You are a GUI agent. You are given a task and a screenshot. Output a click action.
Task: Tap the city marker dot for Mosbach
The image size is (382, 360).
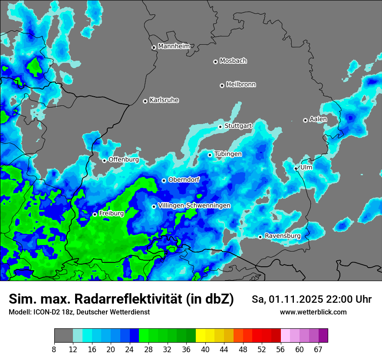[215, 62]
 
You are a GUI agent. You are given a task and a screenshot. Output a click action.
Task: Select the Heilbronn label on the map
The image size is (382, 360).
[241, 85]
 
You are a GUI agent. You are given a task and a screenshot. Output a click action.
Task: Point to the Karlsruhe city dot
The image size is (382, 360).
[145, 101]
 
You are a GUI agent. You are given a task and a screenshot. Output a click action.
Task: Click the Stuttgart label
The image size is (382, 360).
[238, 126]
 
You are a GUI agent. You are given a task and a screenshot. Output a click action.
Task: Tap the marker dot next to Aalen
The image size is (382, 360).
[305, 120]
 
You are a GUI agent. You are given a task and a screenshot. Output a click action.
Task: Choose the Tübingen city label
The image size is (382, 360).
[228, 154]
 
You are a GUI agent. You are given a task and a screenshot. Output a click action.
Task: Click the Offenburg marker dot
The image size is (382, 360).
[104, 160]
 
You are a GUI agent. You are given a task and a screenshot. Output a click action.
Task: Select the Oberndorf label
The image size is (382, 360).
[184, 180]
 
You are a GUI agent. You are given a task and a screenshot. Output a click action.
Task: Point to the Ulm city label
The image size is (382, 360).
[306, 167]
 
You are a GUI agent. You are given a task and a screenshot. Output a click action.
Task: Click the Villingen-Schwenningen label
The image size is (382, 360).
[194, 206]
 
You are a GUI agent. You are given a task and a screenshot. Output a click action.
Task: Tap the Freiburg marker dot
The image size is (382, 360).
[95, 214]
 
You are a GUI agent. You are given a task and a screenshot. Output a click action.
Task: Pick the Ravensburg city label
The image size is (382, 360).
[283, 236]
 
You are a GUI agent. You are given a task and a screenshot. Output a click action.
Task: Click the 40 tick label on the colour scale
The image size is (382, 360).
[205, 350]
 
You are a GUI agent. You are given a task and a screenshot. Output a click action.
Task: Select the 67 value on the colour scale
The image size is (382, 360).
[318, 350]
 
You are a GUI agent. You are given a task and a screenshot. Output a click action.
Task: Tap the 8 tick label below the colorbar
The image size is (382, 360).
[54, 350]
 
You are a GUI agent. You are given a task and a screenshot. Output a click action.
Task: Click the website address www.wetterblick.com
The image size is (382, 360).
[313, 312]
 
